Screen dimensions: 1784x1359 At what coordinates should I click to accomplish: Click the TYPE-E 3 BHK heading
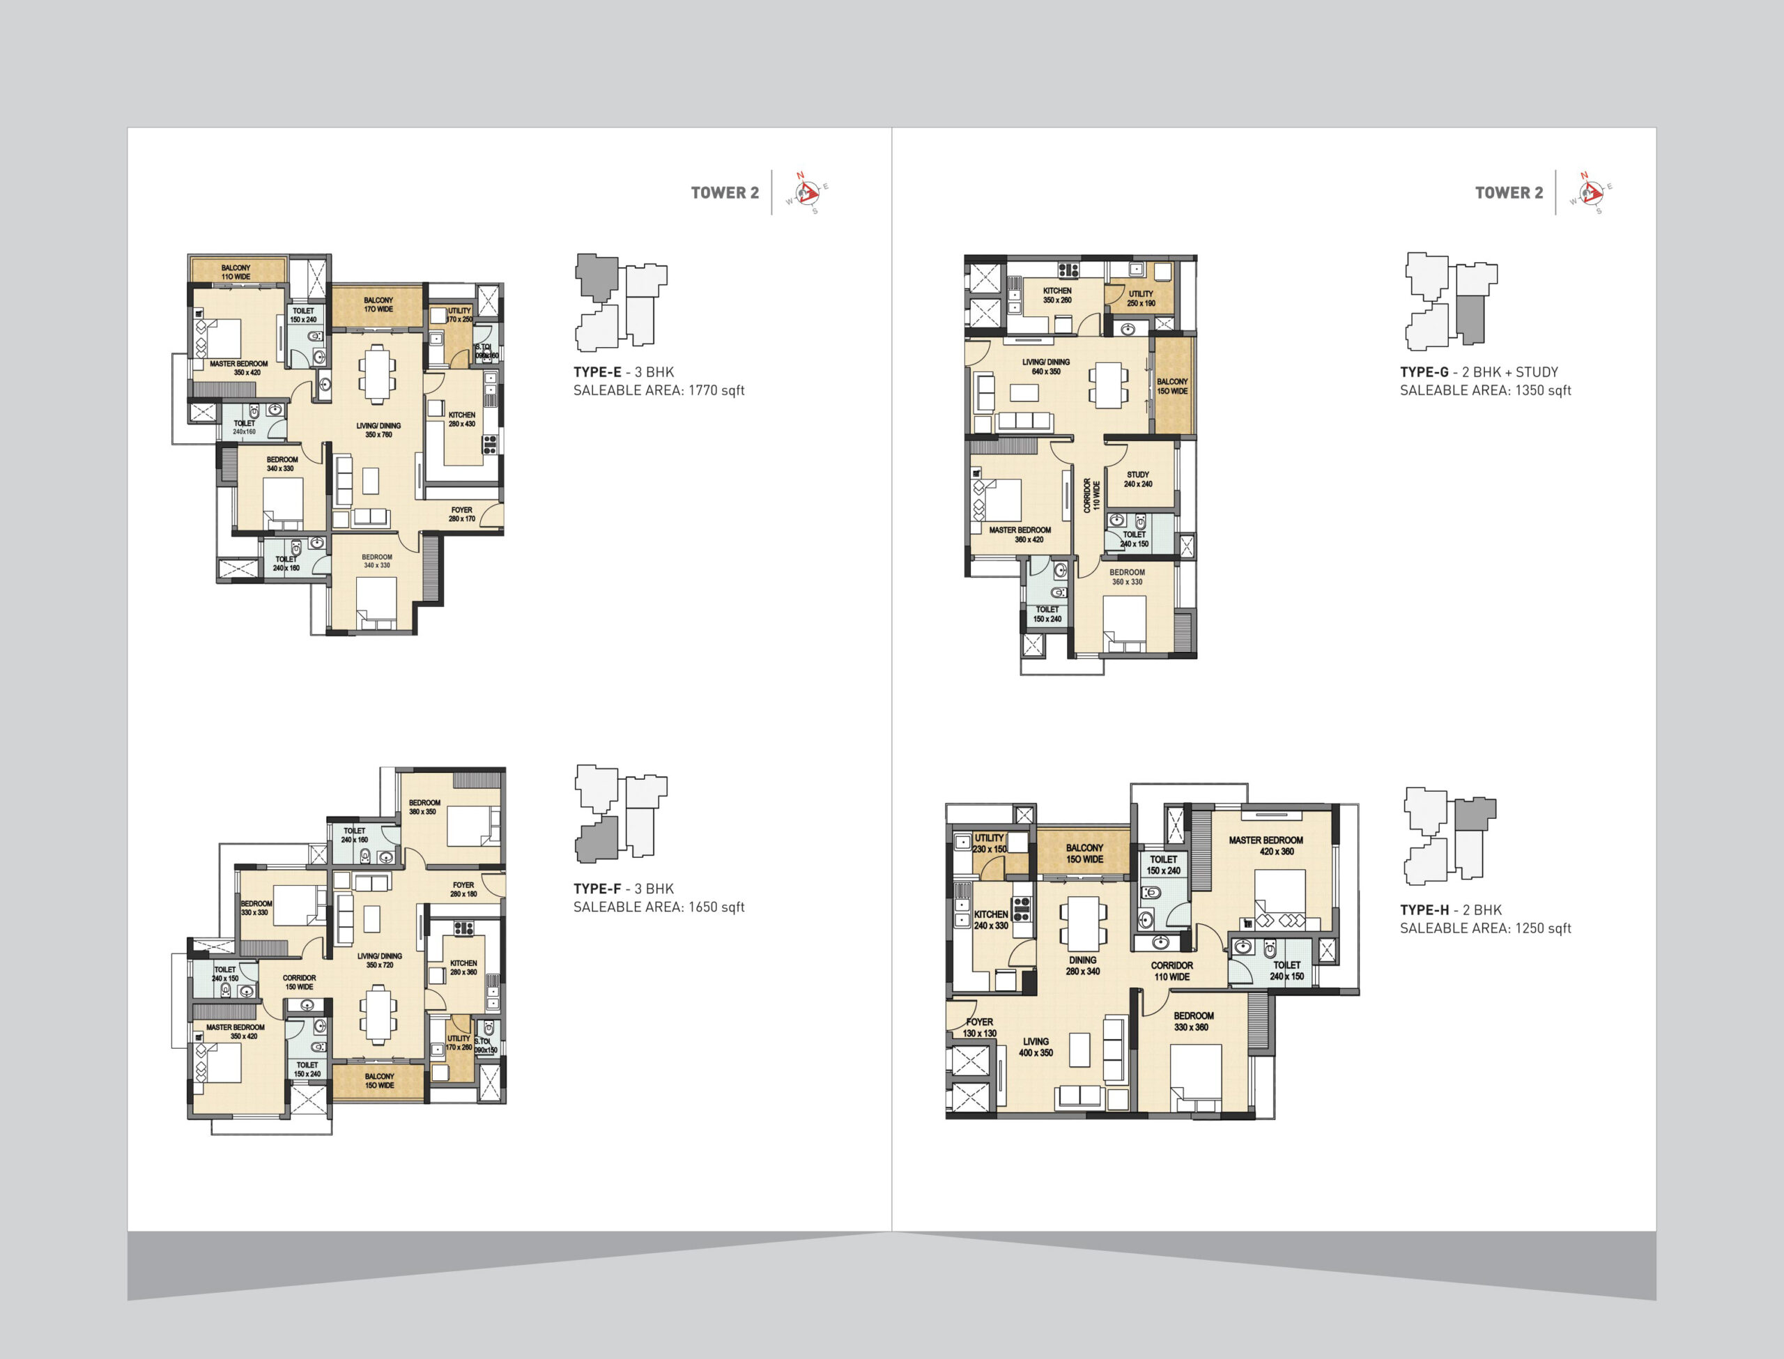pos(624,372)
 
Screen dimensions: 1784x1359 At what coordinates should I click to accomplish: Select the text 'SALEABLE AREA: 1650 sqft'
pos(659,907)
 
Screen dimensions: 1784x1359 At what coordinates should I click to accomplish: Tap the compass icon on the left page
pos(807,192)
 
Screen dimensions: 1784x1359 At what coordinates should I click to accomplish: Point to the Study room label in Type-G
pos(1138,479)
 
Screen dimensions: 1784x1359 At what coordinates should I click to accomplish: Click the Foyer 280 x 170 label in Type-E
pos(462,514)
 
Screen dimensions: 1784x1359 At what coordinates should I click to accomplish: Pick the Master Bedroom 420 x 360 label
pos(1266,845)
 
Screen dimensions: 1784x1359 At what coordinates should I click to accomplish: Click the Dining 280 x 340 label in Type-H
pos(1083,966)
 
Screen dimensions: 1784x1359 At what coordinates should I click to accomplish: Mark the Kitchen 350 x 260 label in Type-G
pos(1057,295)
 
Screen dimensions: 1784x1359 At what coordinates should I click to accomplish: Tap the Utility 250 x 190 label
pos(1141,298)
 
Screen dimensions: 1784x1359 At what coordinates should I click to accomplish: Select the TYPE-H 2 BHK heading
pos(1451,910)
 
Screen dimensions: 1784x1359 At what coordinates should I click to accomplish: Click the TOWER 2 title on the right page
pos(1509,192)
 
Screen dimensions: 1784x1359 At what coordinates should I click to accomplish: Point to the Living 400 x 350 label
pos(1036,1047)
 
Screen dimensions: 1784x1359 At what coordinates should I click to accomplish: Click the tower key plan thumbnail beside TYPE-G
pos(1451,301)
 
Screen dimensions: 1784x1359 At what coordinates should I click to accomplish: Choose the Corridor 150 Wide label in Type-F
pos(298,982)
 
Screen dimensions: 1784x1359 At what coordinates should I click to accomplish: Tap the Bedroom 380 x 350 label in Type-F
pos(424,806)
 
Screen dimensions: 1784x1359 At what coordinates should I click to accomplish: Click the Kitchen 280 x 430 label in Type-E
pos(462,419)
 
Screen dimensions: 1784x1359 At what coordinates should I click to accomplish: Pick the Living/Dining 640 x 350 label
pos(1045,367)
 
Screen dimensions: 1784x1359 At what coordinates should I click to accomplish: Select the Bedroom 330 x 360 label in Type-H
pos(1194,1021)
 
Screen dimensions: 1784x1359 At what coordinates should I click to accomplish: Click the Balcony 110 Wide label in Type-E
pos(236,272)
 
